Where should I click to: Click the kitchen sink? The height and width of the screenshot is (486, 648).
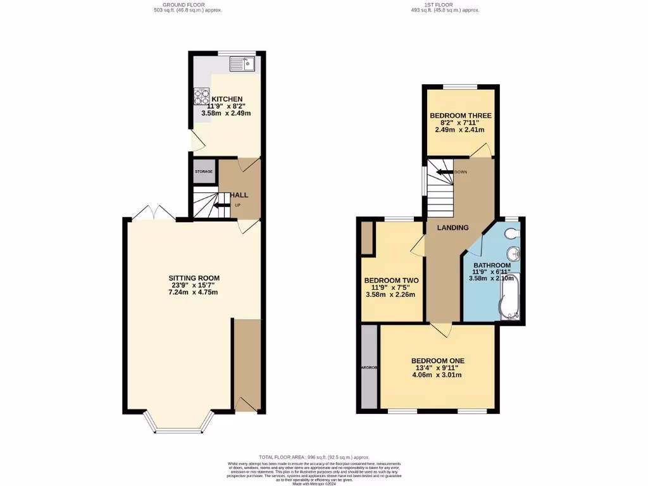pos(242,63)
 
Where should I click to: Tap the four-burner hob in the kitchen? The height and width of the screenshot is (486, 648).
pos(201,96)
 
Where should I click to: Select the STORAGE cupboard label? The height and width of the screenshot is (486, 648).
pos(203,171)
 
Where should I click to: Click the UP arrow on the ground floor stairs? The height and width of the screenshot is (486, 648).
pos(221,205)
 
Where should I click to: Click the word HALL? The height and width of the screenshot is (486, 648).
pos(239,195)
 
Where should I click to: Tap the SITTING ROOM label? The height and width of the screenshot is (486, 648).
pos(194,278)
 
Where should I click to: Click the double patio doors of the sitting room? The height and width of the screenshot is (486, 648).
pos(154,213)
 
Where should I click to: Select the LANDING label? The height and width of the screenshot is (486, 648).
pos(454,228)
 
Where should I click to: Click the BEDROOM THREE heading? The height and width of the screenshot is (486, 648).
pos(460,116)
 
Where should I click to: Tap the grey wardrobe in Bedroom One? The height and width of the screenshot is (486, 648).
pos(368,367)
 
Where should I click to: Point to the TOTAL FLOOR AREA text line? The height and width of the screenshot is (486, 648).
pos(314,457)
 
